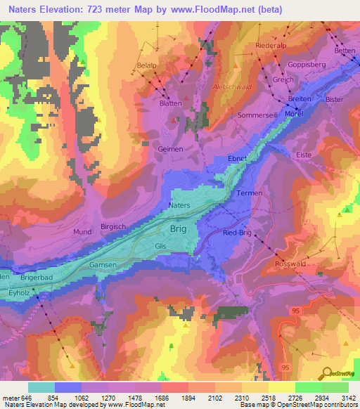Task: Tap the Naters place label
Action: pyautogui.click(x=181, y=205)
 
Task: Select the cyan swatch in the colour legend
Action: pyautogui.click(x=41, y=387)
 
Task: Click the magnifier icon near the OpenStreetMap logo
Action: pyautogui.click(x=328, y=373)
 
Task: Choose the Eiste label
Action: pyautogui.click(x=304, y=154)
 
